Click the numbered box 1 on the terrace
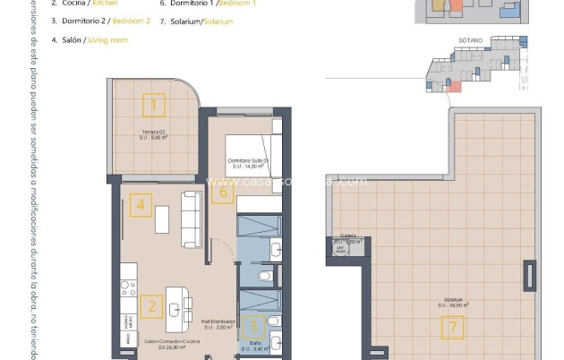pyautogui.click(x=154, y=107)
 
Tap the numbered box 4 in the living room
pyautogui.click(x=139, y=205)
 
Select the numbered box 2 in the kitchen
pyautogui.click(x=152, y=307)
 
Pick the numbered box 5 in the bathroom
pyautogui.click(x=253, y=328)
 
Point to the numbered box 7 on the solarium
pyautogui.click(x=454, y=328)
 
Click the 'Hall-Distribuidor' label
pyautogui.click(x=218, y=321)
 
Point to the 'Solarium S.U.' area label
pyautogui.click(x=457, y=302)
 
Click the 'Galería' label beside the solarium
pyautogui.click(x=347, y=236)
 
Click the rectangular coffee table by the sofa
pyautogui.click(x=162, y=218)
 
